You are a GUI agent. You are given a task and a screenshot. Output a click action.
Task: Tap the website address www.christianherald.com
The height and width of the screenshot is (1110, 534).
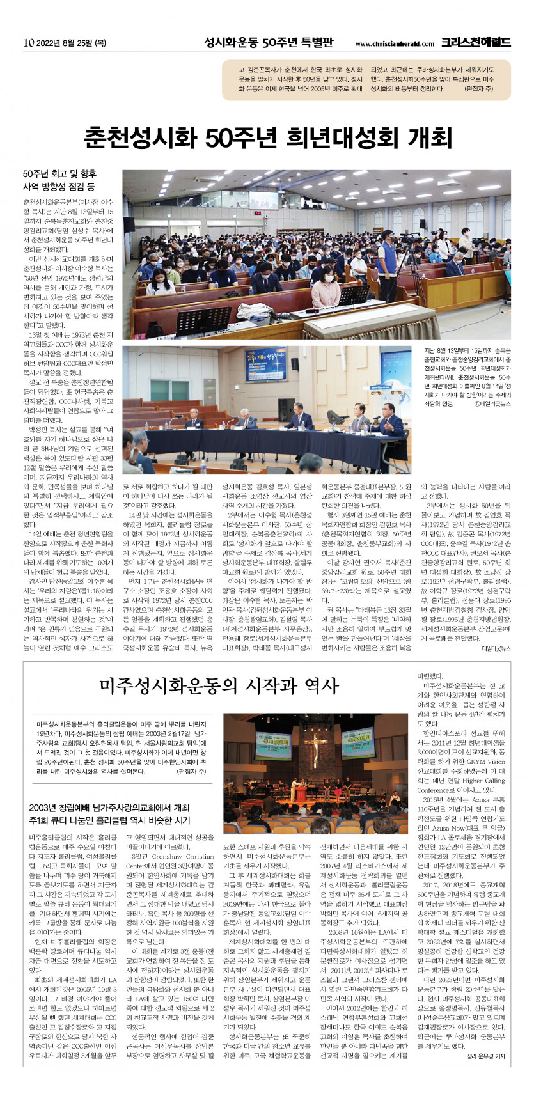395,44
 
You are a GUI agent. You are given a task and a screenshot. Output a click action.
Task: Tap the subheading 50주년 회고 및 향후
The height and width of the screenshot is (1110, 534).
59,174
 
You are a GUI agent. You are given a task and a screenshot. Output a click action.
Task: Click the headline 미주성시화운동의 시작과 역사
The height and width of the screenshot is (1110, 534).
218,685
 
